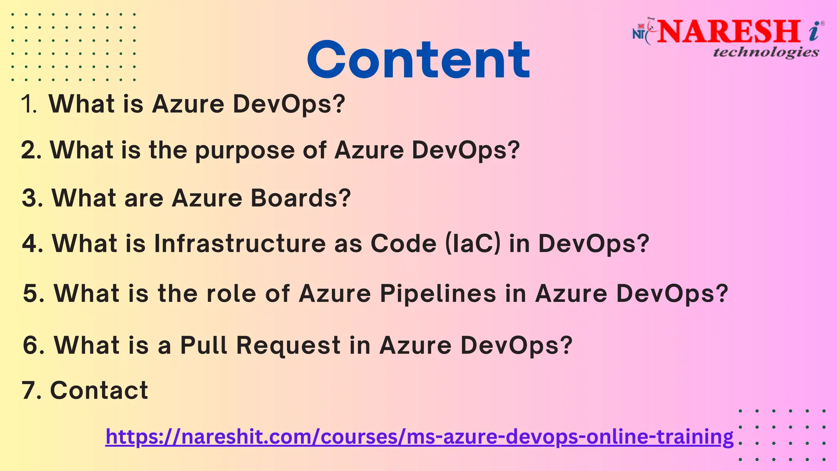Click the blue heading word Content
tap(418, 60)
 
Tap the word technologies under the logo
tap(766, 52)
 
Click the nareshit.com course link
tap(419, 437)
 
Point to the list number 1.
tap(29, 104)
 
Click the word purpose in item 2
tap(244, 150)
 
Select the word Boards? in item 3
tap(301, 198)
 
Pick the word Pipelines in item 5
tap(438, 294)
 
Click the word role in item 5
tap(231, 294)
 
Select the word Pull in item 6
tap(204, 345)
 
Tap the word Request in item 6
tap(289, 345)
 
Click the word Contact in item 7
tap(99, 390)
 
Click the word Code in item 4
tap(403, 244)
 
